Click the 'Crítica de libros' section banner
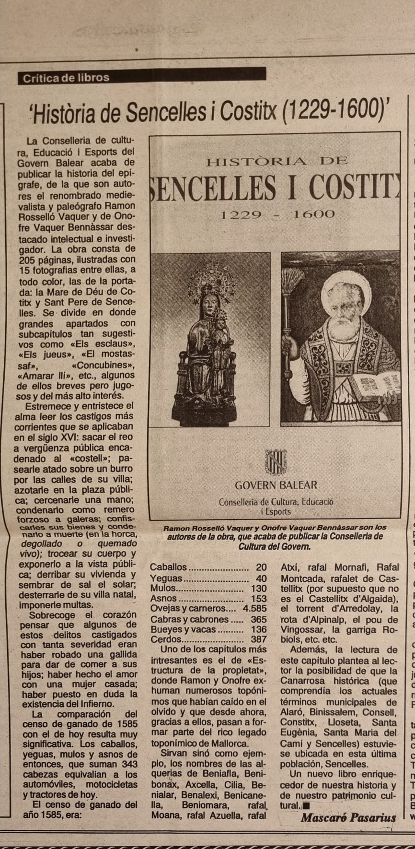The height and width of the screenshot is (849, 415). pos(66,78)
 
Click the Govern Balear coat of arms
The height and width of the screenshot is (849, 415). pos(275,462)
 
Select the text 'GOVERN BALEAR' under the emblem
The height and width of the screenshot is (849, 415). pos(276,485)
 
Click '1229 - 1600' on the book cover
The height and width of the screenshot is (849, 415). pos(277,214)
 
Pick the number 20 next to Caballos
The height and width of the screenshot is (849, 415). pos(261,567)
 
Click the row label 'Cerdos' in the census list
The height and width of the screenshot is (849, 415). pos(166,639)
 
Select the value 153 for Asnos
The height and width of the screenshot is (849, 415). pos(258,599)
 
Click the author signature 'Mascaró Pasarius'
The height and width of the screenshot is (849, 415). pos(348,818)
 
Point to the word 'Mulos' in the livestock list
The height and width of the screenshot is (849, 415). pos(163,589)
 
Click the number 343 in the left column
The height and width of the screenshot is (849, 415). pos(127,764)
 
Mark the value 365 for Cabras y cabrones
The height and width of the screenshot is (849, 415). pos(258,619)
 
